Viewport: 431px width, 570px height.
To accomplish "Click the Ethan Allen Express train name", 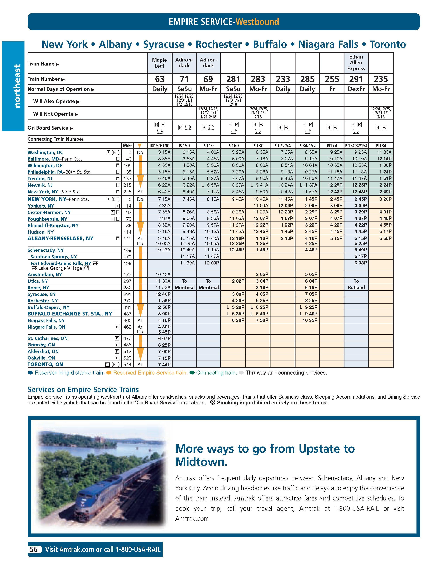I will [x=356, y=63].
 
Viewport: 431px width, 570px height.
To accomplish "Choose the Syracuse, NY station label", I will [x=42, y=294].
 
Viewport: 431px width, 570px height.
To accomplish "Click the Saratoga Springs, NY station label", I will [x=54, y=257].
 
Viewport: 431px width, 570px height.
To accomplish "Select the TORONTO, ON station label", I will [x=45, y=364].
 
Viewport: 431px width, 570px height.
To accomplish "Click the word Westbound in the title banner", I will [x=257, y=22].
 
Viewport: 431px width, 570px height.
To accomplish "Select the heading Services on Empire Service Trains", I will [x=83, y=389].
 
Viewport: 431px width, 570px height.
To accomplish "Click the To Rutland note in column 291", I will [x=356, y=284].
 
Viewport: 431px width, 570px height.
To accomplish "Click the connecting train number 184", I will [x=381, y=146].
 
